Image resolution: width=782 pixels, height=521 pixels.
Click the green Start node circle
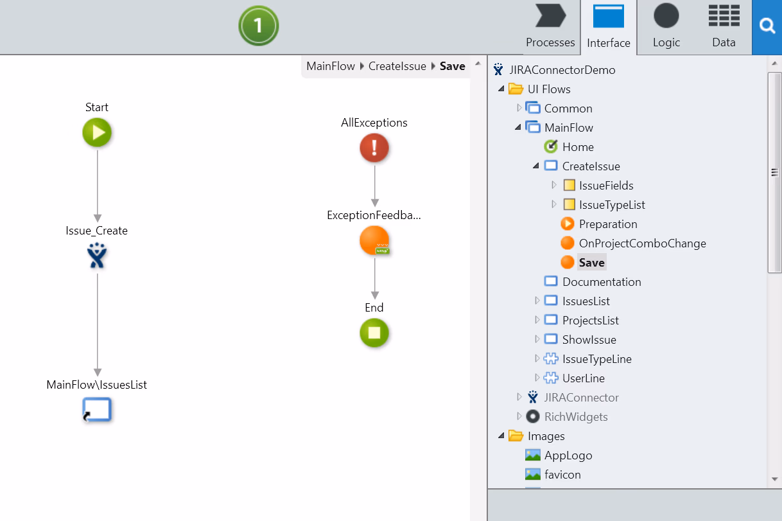tap(97, 132)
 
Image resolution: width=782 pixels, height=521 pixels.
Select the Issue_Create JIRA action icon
tap(97, 256)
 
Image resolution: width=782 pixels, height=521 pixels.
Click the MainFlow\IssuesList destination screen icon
tap(97, 409)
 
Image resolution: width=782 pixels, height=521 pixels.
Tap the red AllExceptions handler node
tap(374, 148)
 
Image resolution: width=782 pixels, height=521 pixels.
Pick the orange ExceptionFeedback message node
tap(374, 240)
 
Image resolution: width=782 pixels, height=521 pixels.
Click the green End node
tap(374, 333)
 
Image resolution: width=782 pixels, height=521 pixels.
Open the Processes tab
tap(550, 26)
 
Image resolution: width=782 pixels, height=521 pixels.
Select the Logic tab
tap(666, 26)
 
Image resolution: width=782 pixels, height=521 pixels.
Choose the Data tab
tap(724, 26)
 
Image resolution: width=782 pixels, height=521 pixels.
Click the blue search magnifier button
tap(767, 26)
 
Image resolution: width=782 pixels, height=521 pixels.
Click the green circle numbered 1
tap(259, 26)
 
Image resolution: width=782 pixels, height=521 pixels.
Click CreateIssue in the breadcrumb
tap(397, 66)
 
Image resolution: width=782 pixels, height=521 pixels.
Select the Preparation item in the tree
tap(608, 224)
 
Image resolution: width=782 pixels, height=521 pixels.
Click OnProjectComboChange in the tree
tap(642, 243)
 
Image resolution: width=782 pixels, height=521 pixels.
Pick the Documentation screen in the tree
tap(602, 281)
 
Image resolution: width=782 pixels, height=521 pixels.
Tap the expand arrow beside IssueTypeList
tap(553, 204)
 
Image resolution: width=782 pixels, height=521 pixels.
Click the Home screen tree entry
tap(578, 146)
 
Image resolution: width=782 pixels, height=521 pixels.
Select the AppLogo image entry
tap(568, 455)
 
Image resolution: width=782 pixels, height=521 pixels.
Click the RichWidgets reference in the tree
tap(576, 417)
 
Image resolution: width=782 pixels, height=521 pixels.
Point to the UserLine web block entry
tap(584, 378)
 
